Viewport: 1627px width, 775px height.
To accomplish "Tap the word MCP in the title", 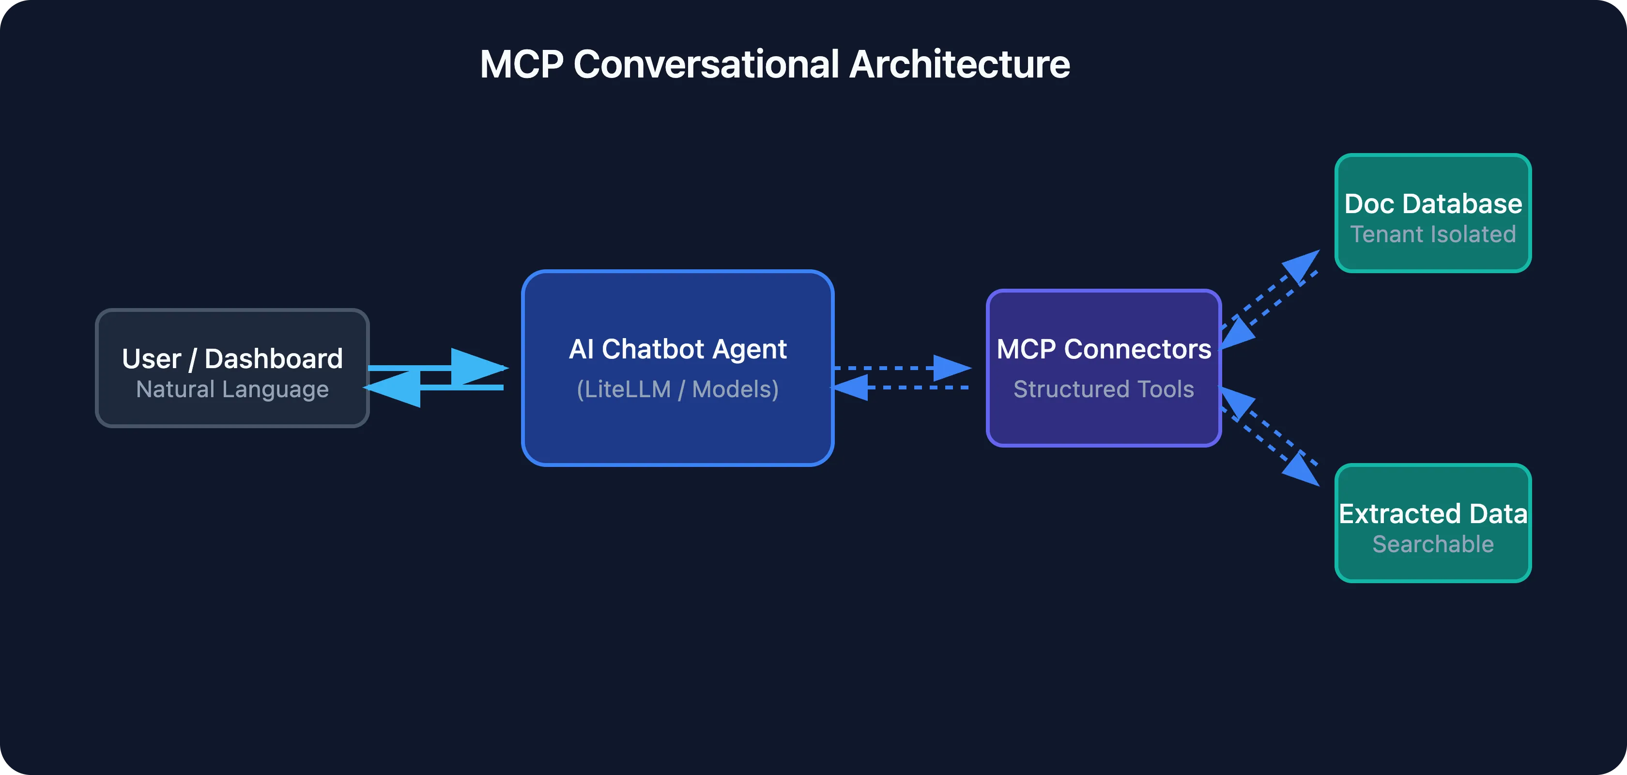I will pyautogui.click(x=521, y=64).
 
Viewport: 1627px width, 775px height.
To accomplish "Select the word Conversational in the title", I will pyautogui.click(x=706, y=64).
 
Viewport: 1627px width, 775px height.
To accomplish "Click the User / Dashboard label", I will pyautogui.click(x=232, y=359).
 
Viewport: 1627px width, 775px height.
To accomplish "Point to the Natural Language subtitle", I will pyautogui.click(x=232, y=389).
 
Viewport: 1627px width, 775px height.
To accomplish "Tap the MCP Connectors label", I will pyautogui.click(x=1104, y=349).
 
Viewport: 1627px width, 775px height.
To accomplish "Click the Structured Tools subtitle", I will pyautogui.click(x=1104, y=389).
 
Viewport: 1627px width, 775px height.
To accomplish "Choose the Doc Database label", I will pyautogui.click(x=1432, y=204).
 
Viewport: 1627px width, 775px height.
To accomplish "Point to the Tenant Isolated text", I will pyautogui.click(x=1432, y=234).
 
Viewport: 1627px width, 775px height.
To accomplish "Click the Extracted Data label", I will pyautogui.click(x=1432, y=513).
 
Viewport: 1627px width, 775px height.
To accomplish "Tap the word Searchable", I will pyautogui.click(x=1432, y=544).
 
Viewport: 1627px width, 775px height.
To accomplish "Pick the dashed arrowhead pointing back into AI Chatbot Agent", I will pyautogui.click(x=851, y=387).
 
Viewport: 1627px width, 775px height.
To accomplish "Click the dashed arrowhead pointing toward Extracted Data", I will pyautogui.click(x=1303, y=470).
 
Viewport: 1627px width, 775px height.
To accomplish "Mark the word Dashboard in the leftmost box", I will pyautogui.click(x=274, y=359).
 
